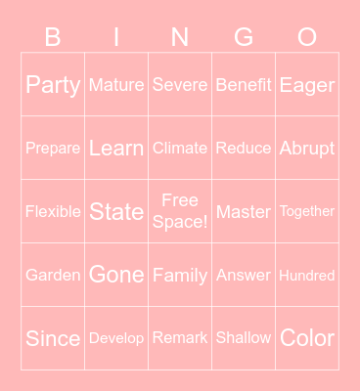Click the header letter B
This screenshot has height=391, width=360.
53,37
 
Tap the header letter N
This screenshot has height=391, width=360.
180,37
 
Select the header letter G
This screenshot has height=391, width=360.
244,37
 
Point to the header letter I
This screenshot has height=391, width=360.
116,37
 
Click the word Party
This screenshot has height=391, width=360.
53,85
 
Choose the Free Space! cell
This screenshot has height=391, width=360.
180,211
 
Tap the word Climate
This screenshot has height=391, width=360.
180,149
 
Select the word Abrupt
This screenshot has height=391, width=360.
307,149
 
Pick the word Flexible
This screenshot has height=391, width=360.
53,211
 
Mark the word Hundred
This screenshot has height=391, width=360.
307,276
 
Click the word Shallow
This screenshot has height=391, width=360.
244,338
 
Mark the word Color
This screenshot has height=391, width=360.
307,338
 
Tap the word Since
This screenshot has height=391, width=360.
53,338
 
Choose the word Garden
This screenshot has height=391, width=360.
53,276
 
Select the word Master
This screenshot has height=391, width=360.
244,211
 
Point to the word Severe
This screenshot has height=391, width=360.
180,85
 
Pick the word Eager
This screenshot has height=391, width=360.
307,85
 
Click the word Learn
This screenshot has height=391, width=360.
116,149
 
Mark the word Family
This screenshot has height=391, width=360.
180,276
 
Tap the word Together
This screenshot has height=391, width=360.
307,211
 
